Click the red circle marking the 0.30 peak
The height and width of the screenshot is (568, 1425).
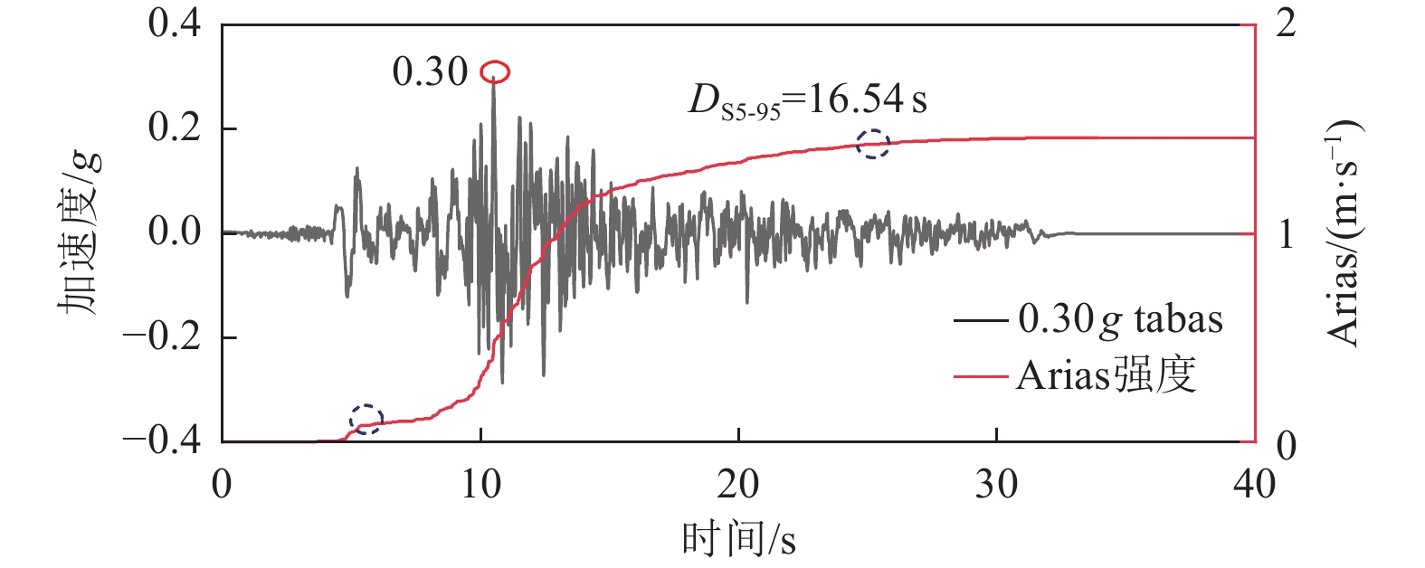(495, 71)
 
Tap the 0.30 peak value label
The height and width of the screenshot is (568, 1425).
(430, 72)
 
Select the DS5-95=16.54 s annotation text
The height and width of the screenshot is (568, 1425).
(808, 100)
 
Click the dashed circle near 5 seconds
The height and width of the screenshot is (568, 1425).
(366, 418)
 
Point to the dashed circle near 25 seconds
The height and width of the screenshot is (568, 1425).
(873, 143)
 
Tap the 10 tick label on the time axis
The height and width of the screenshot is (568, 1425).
(480, 486)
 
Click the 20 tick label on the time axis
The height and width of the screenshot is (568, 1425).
(738, 486)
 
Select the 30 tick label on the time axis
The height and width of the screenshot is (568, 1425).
(996, 486)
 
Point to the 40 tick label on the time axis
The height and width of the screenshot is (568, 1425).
(1254, 486)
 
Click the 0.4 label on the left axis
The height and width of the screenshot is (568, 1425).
(175, 24)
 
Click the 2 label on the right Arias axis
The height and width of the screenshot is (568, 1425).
(1286, 24)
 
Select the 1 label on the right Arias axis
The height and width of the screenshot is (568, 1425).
(1286, 234)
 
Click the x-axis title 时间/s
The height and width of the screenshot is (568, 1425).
(738, 540)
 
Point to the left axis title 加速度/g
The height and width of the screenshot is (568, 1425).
(81, 233)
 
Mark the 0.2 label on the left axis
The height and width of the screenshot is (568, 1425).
(175, 128)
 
